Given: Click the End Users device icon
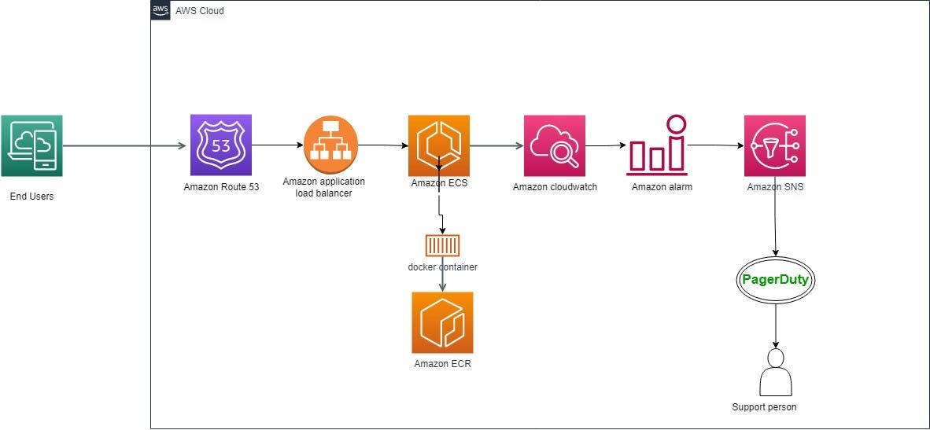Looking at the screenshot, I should click(31, 146).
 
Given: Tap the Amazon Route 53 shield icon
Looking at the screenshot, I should click(220, 145).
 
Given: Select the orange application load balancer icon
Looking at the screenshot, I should click(330, 145).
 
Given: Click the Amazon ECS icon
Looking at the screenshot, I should click(438, 145).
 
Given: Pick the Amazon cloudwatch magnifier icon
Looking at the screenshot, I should click(555, 145).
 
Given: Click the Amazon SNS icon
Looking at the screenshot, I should click(774, 145).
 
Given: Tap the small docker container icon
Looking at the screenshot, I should click(442, 245).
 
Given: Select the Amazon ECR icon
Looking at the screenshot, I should click(442, 322).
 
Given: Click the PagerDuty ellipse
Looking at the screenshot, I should click(776, 279).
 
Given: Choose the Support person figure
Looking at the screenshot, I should click(776, 373).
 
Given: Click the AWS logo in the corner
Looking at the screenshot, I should click(161, 10).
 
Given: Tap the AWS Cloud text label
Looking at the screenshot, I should click(199, 11).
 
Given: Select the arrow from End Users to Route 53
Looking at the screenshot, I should click(126, 146).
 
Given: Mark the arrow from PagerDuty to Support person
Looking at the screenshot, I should click(776, 324).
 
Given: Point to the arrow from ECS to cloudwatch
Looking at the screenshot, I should click(496, 145).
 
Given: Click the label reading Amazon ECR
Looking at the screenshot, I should click(442, 364).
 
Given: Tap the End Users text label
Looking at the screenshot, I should click(31, 196).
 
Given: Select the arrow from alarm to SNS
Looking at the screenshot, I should click(714, 145).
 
